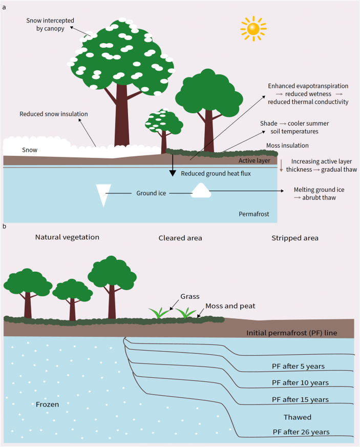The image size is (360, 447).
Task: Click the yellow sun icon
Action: (x=254, y=29)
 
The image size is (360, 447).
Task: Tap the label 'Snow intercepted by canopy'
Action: (x=51, y=24)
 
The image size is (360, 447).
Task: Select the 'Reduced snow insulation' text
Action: (x=53, y=114)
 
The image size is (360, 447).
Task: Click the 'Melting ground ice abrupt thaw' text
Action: (x=319, y=193)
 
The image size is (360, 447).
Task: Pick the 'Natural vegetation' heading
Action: (x=67, y=237)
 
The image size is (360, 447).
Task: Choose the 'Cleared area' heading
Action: (x=180, y=238)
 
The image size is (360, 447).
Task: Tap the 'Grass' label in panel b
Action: (x=189, y=296)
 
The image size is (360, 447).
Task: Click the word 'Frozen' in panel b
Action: (x=48, y=404)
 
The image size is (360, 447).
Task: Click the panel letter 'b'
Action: (x=5, y=226)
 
